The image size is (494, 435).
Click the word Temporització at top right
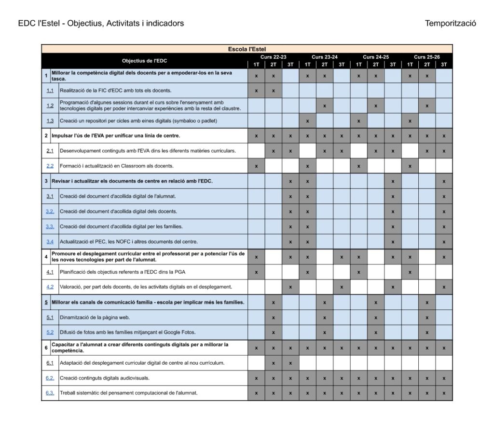point(451,23)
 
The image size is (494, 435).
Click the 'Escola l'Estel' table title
point(247,49)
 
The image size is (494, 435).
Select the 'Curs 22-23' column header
point(273,57)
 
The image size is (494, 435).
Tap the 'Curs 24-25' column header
point(376,57)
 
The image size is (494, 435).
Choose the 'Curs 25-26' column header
point(427,57)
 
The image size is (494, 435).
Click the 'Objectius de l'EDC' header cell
point(144,61)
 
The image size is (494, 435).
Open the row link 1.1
point(50,91)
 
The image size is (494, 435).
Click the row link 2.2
point(50,166)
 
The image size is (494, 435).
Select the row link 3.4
point(50,241)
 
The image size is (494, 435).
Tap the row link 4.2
point(50,287)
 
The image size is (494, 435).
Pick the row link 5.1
point(50,317)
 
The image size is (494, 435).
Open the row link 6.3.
point(50,393)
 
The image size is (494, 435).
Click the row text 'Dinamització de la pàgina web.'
point(95,317)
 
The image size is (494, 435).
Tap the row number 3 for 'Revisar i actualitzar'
point(46,181)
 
